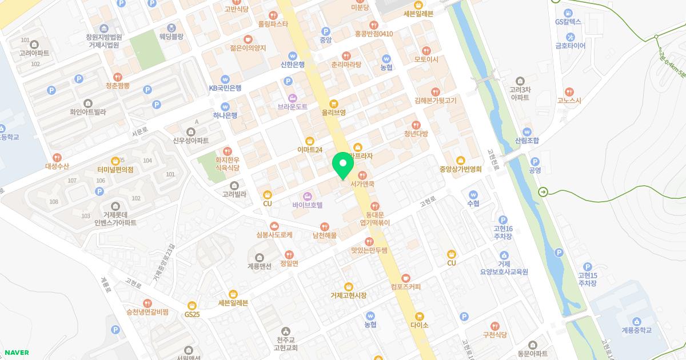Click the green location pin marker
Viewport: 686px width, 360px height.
343,165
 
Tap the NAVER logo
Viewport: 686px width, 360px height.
17,353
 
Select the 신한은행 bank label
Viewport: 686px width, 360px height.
293,64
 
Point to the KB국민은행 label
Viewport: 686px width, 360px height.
225,87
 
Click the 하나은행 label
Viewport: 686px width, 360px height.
225,114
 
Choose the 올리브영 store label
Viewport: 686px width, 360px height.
334,112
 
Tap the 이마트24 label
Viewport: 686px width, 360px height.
310,149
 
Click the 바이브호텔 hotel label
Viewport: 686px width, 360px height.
308,204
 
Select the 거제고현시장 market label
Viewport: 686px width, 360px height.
349,295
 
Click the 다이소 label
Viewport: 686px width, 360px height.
419,324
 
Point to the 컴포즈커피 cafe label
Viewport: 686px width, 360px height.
406,286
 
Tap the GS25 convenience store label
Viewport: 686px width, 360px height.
192,314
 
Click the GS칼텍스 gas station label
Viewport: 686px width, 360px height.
568,21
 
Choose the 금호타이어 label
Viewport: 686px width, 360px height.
571,46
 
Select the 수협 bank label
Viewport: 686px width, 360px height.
473,203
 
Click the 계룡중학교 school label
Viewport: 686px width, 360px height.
637,330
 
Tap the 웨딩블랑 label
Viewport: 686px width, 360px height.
171,35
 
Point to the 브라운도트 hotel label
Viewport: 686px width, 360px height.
293,106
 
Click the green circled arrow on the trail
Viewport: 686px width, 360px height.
543,192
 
